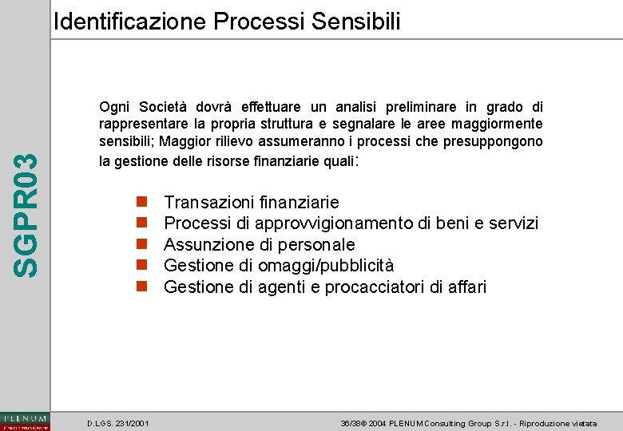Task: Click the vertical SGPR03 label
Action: click(x=27, y=215)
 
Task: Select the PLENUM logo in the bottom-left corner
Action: click(x=25, y=421)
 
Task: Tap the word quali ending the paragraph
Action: click(x=335, y=160)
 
